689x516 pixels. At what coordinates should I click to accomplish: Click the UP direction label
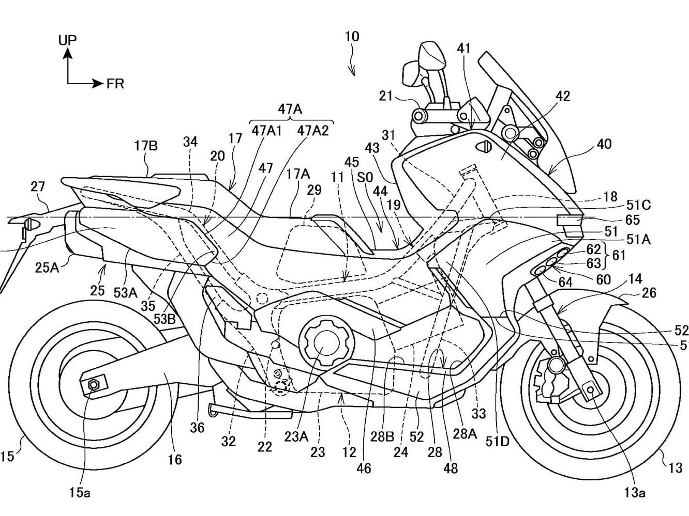(x=67, y=39)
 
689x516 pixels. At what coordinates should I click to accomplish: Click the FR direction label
(x=115, y=84)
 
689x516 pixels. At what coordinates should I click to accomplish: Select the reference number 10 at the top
(x=352, y=37)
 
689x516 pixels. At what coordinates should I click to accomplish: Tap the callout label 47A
(x=290, y=109)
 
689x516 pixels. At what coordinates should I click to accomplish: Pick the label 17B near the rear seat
(x=146, y=146)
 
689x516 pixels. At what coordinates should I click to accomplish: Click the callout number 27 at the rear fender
(x=38, y=186)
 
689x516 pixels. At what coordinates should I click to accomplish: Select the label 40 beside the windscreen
(x=604, y=144)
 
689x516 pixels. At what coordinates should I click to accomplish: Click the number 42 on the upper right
(x=562, y=96)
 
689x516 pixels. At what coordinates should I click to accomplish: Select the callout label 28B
(x=382, y=436)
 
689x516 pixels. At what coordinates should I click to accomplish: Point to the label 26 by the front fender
(x=649, y=293)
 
